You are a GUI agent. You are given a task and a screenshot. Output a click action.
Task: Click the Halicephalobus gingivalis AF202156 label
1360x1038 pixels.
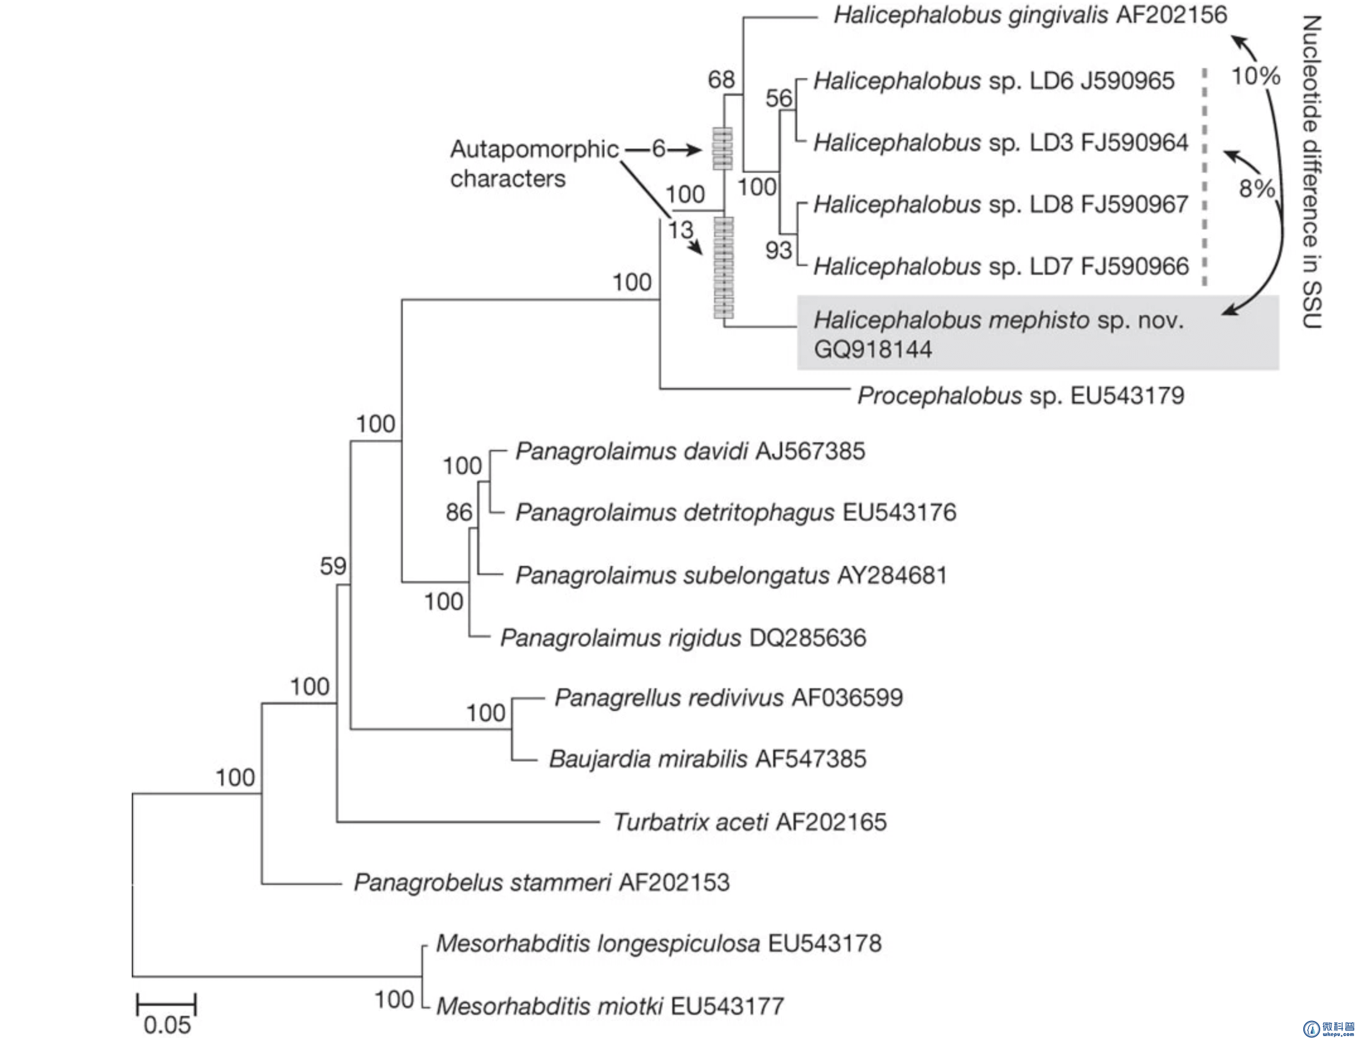tap(1030, 15)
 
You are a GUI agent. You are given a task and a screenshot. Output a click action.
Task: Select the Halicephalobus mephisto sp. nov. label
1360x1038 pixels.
tap(998, 320)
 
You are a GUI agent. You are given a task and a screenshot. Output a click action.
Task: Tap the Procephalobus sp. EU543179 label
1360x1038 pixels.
tap(1020, 396)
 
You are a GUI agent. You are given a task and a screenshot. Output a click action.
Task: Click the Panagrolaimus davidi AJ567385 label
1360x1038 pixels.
tap(690, 451)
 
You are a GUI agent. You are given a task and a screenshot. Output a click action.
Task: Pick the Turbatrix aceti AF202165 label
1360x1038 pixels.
tap(750, 822)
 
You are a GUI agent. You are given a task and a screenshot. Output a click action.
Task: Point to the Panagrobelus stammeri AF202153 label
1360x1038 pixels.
tap(541, 882)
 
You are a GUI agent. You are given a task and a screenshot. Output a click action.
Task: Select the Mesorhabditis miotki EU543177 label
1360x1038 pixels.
tap(610, 1006)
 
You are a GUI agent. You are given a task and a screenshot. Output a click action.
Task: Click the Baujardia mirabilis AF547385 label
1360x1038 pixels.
tap(707, 759)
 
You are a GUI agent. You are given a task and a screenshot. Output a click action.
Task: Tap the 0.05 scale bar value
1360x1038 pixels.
tap(167, 1025)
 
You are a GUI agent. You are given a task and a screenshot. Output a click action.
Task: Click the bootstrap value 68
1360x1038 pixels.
tap(721, 80)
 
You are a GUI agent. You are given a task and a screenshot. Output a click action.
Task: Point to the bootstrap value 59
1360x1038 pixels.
tap(333, 566)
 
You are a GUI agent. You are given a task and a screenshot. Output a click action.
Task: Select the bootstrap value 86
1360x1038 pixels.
tap(459, 512)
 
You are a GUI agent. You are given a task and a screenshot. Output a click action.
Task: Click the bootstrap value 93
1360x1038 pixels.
tap(778, 251)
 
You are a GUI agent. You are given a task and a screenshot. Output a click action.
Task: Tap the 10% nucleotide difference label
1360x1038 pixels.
tap(1255, 76)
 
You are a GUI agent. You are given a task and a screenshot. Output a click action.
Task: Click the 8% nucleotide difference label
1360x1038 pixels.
tap(1257, 188)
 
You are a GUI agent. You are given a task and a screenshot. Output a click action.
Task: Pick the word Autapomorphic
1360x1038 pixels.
tap(534, 149)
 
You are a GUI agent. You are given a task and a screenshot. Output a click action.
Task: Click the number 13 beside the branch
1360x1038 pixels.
tap(681, 230)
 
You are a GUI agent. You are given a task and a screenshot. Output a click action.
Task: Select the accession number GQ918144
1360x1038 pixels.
tap(872, 349)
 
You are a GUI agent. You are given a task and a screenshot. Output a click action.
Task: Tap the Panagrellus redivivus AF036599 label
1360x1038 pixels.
tap(729, 698)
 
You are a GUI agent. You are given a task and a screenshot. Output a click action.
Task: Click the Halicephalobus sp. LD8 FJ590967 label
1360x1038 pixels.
tap(1001, 204)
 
